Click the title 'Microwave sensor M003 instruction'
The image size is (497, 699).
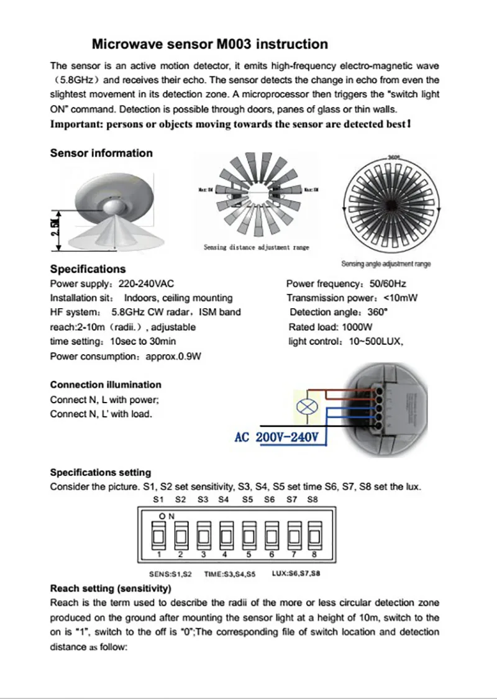pos(210,44)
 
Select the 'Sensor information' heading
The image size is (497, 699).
pos(101,153)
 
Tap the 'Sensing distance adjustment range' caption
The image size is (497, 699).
pos(256,247)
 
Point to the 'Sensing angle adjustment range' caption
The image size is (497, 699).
pos(386,264)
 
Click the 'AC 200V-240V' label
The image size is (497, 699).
pos(277,437)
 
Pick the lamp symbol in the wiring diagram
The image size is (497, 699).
pos(306,408)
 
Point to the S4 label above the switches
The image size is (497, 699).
pos(224,499)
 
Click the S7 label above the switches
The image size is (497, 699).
pos(291,499)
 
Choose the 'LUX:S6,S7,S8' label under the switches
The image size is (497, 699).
pos(296,574)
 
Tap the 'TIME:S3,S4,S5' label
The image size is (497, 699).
pos(229,575)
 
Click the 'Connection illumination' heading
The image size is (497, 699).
pos(106,385)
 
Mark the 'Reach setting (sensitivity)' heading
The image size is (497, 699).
pos(111,588)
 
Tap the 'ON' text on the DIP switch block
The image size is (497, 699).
pos(166,516)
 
